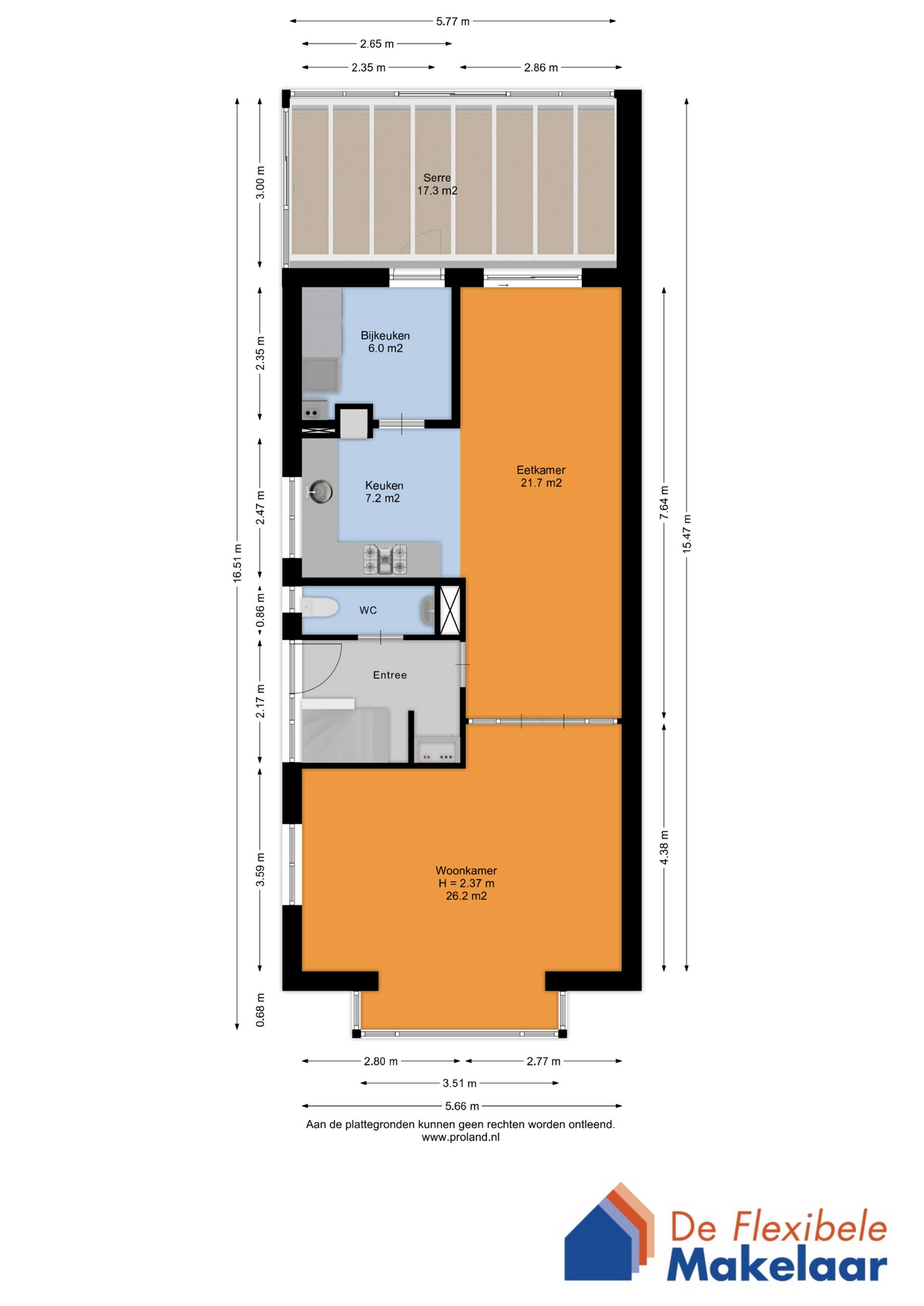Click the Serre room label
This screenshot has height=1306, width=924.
pos(437,178)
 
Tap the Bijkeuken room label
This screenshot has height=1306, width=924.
pos(385,335)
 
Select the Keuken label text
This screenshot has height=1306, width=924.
pos(384,486)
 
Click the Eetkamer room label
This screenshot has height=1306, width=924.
pos(541,470)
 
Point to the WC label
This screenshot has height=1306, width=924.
pos(368,610)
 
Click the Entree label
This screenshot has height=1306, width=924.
pos(390,675)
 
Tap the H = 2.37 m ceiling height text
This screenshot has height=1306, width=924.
pos(466,884)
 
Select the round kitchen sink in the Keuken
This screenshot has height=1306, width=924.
pos(320,491)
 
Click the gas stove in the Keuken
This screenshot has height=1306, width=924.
pos(385,559)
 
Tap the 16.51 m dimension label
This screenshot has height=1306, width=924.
pos(237,563)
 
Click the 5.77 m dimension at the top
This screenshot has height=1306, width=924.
pos(452,22)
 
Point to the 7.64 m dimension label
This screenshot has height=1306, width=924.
pos(664,503)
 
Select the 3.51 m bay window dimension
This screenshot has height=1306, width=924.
pos(459,1083)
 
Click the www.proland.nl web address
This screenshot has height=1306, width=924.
pos(461,1137)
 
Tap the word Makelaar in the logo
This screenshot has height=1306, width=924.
pos(776,1266)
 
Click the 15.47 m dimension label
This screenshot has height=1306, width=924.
pos(687,534)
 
